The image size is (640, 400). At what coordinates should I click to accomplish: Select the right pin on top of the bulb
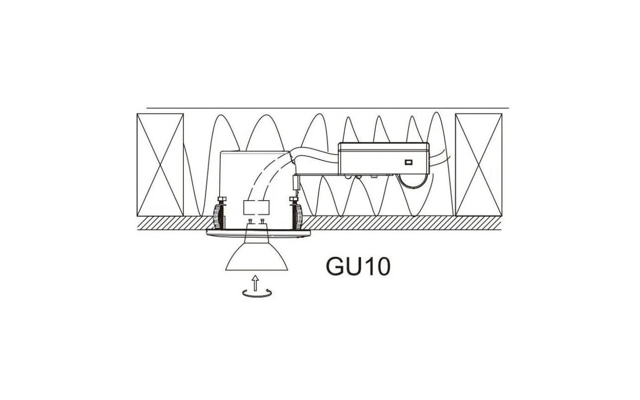pyautogui.click(x=262, y=222)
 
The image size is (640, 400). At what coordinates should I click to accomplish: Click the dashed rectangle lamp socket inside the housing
pyautogui.click(x=256, y=208)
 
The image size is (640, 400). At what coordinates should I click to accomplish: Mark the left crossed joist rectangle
pyautogui.click(x=160, y=165)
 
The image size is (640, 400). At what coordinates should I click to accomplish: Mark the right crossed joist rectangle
pyautogui.click(x=479, y=165)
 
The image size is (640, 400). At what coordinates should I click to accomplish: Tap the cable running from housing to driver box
pyautogui.click(x=315, y=153)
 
